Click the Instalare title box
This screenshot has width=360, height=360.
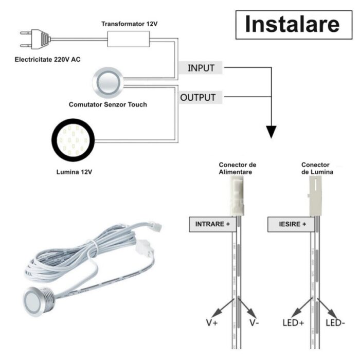point(291,24)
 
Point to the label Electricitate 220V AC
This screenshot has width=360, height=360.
point(47,59)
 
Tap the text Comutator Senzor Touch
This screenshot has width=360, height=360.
point(108,104)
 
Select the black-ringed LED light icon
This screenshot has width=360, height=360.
point(73,140)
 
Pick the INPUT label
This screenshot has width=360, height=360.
point(201,68)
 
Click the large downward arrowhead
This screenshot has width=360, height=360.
point(271,131)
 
